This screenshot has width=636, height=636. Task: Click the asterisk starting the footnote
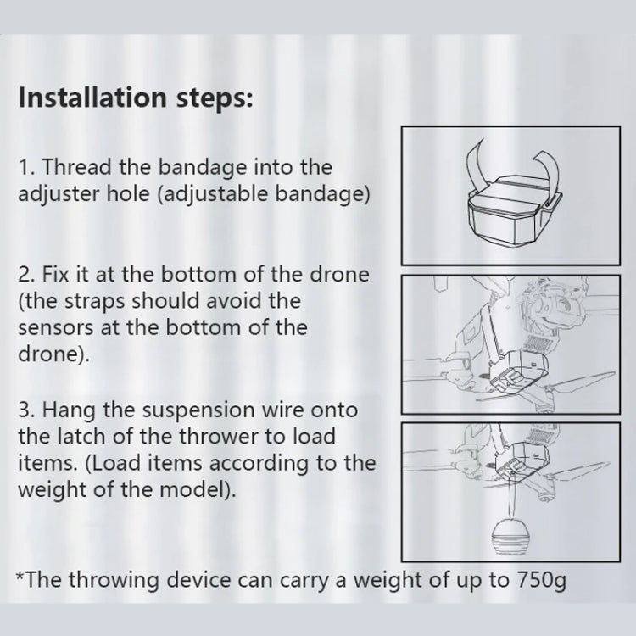click(x=21, y=578)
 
